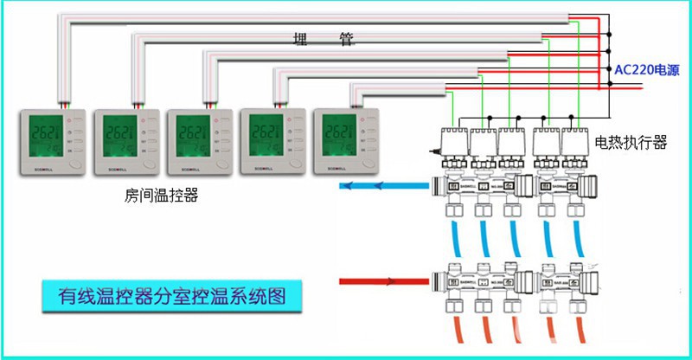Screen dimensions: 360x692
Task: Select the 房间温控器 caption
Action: coord(162,196)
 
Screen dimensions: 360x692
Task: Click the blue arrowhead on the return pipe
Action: coord(347,184)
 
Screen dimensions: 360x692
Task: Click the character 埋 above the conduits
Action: coord(302,38)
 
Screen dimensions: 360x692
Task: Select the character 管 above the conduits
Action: coord(346,38)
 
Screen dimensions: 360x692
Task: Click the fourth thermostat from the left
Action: coord(272,143)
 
